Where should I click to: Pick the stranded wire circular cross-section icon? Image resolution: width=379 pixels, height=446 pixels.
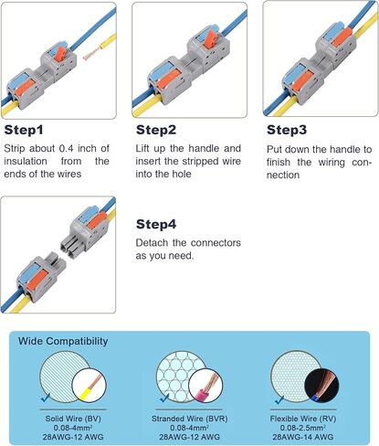[x=186, y=379]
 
